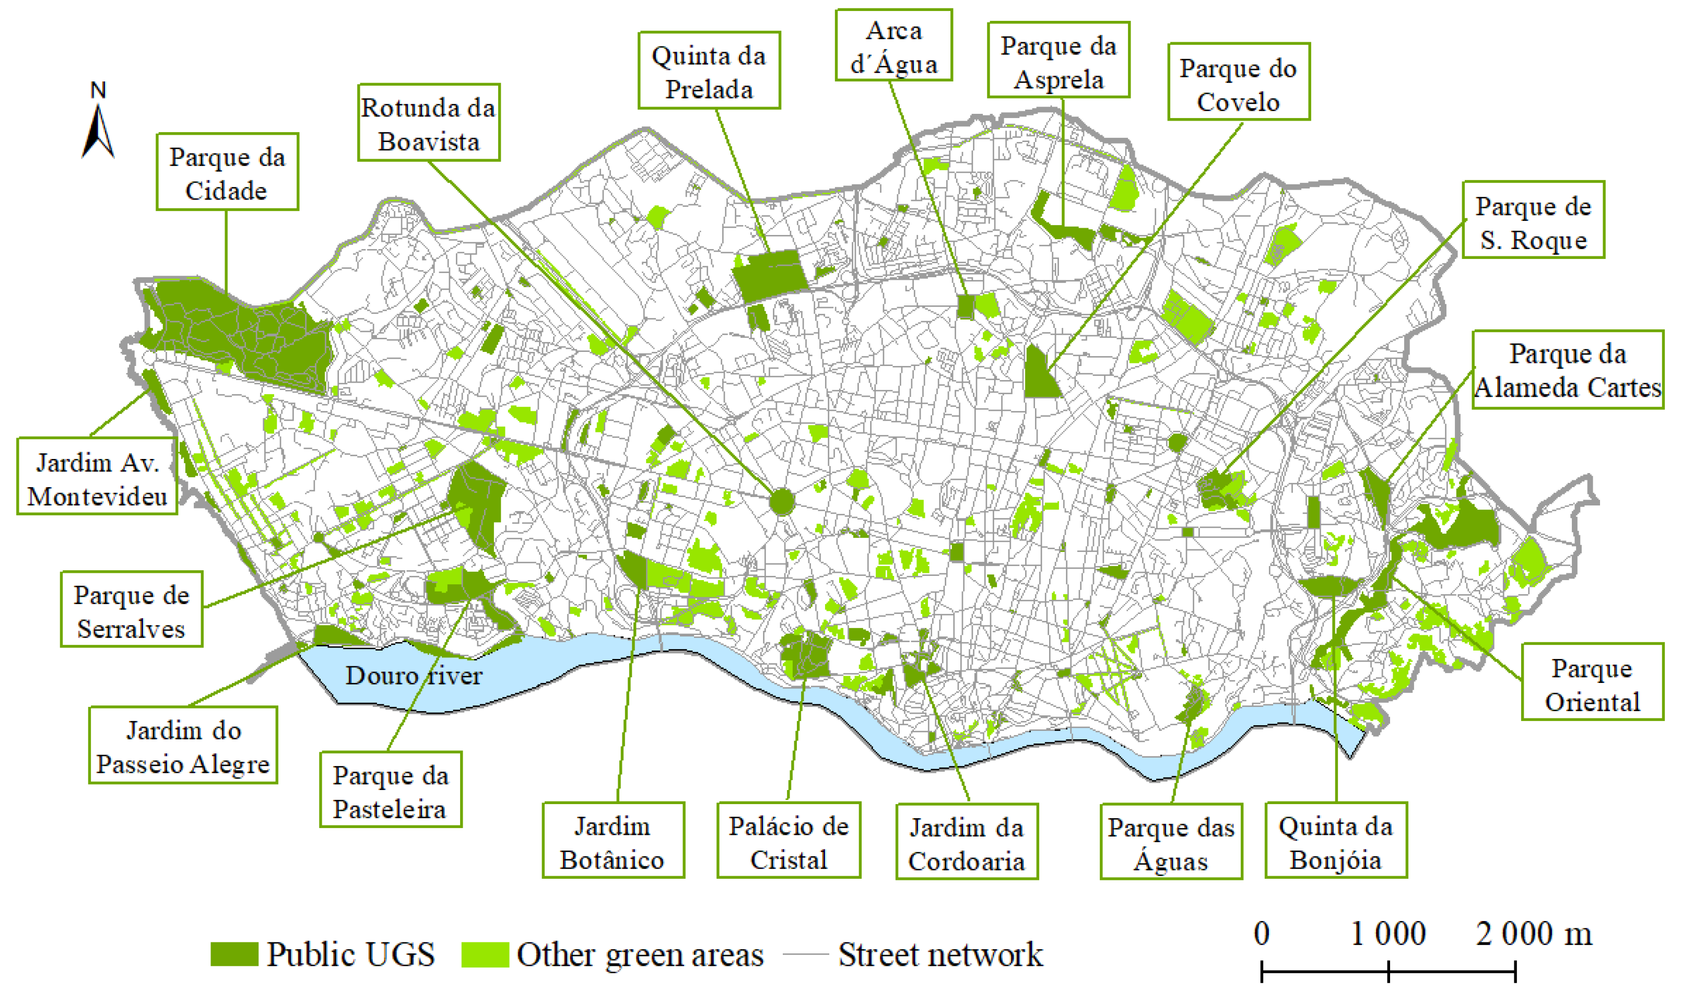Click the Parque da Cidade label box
(227, 172)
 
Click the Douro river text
(414, 675)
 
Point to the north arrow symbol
(98, 130)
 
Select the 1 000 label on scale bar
(1388, 934)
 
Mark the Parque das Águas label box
(1171, 842)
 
